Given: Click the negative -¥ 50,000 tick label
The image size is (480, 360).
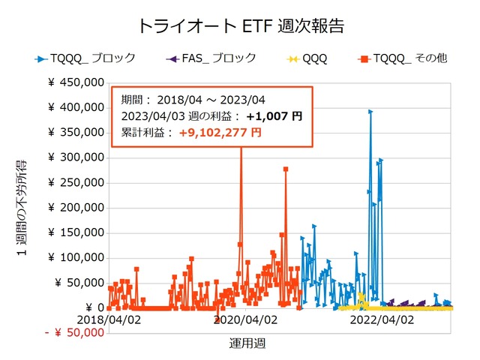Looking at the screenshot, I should click(73, 332).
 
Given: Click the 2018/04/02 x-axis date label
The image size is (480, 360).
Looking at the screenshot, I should click(109, 319).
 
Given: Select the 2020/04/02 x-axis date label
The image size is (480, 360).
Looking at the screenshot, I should click(246, 319).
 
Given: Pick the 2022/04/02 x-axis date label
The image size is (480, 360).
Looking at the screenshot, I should click(382, 319).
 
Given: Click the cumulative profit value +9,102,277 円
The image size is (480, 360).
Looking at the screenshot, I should click(220, 132).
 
